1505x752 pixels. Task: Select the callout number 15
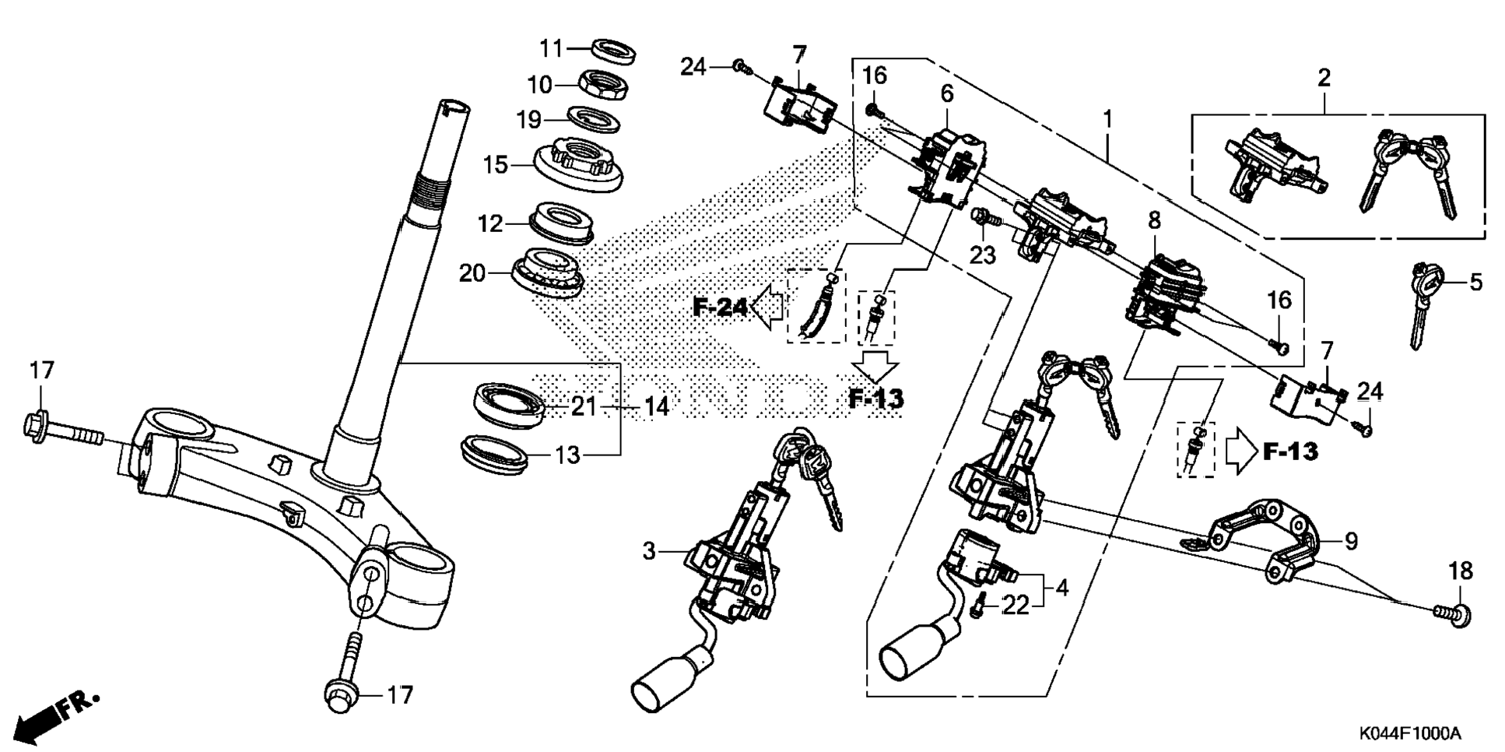495,165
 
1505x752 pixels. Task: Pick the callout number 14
657,406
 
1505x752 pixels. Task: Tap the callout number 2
1324,77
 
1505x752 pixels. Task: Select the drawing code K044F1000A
1410,733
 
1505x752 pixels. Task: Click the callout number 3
650,551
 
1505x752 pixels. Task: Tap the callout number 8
1153,220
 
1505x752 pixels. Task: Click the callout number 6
946,94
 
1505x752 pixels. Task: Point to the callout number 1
1107,120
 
